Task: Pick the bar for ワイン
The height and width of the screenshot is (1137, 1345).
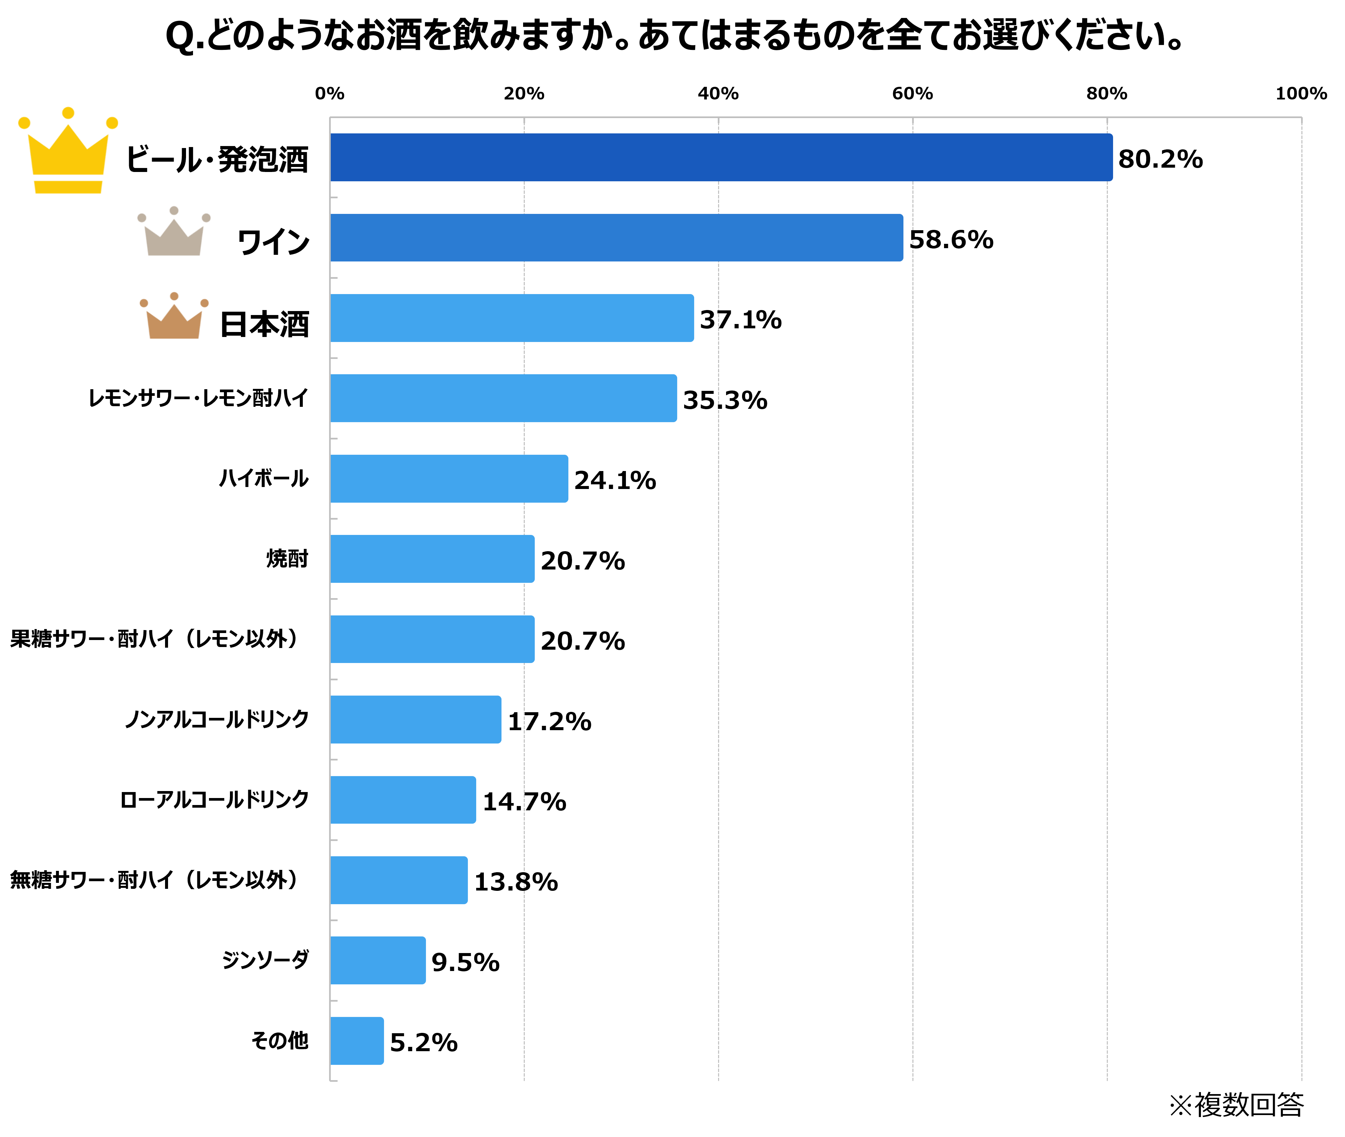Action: [x=616, y=238]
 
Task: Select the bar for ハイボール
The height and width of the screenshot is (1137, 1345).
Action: [x=449, y=479]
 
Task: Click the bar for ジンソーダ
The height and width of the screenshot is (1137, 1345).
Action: [x=378, y=960]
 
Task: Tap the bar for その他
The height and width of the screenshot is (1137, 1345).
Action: [x=357, y=1041]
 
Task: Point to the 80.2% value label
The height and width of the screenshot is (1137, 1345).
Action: [x=1160, y=159]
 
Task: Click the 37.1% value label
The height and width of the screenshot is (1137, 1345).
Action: [x=740, y=320]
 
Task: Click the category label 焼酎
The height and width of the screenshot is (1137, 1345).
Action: [x=288, y=558]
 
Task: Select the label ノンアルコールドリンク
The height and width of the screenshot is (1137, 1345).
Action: [x=217, y=719]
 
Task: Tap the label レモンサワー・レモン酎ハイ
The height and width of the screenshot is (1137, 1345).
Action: [x=198, y=398]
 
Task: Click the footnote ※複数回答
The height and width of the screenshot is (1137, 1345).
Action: [x=1236, y=1105]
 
